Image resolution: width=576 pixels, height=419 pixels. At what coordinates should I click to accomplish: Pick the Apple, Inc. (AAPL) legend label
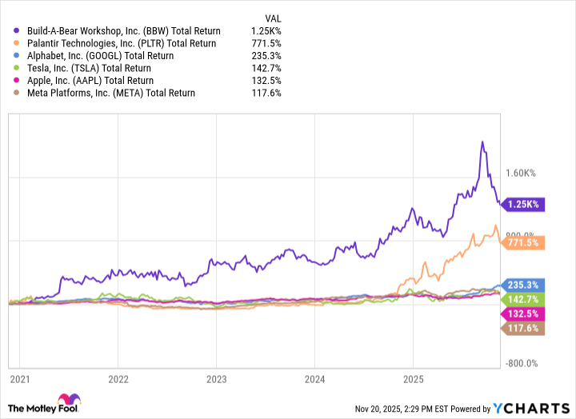coord(90,81)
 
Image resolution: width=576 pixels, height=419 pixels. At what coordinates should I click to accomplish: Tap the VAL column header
coord(272,18)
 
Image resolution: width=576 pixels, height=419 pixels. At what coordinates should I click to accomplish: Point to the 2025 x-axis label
coord(413,377)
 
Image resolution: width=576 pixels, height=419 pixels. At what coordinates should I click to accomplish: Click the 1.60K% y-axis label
coord(525,172)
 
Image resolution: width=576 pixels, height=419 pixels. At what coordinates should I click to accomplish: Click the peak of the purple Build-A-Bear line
coord(482,142)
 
